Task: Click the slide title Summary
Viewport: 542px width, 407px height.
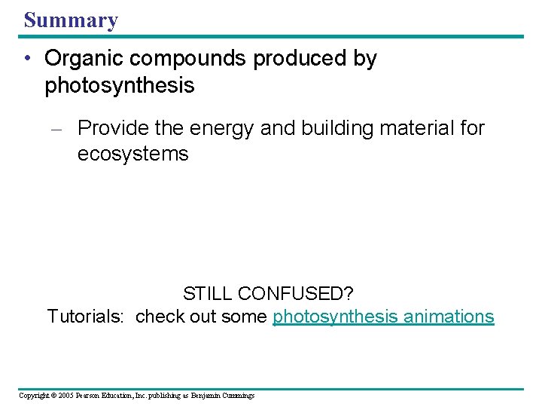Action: pyautogui.click(x=71, y=20)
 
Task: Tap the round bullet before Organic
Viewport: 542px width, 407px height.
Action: pyautogui.click(x=28, y=59)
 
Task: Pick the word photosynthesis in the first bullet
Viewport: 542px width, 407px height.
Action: pyautogui.click(x=120, y=86)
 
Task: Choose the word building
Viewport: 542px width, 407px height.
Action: pyautogui.click(x=328, y=129)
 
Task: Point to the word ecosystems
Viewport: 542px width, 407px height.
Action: pyautogui.click(x=132, y=155)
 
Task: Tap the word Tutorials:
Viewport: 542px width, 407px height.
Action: pyautogui.click(x=85, y=317)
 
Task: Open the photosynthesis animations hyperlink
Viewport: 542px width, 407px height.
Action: pyautogui.click(x=383, y=317)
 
